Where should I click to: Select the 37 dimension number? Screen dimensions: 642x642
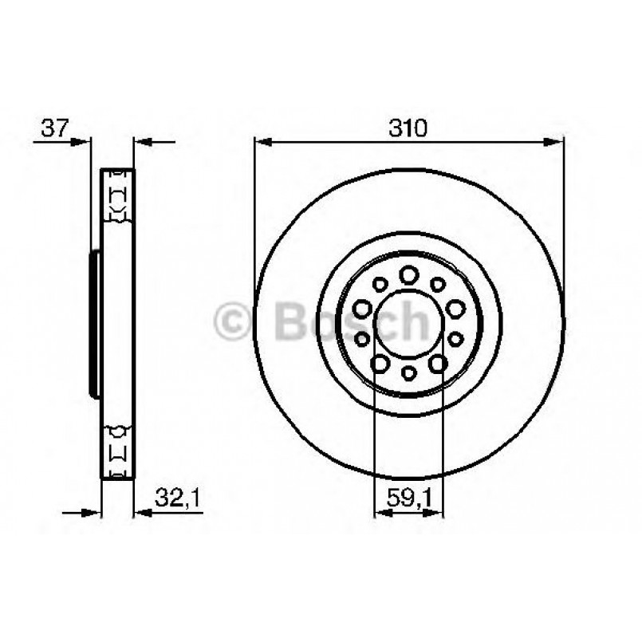coord(53,128)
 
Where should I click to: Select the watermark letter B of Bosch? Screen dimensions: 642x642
coord(290,322)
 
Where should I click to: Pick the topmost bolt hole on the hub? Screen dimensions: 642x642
coord(408,274)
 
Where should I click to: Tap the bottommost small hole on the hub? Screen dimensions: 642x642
coord(408,372)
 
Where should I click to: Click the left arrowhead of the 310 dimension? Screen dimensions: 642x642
coord(264,143)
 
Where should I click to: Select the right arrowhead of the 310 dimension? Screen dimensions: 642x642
coord(554,143)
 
